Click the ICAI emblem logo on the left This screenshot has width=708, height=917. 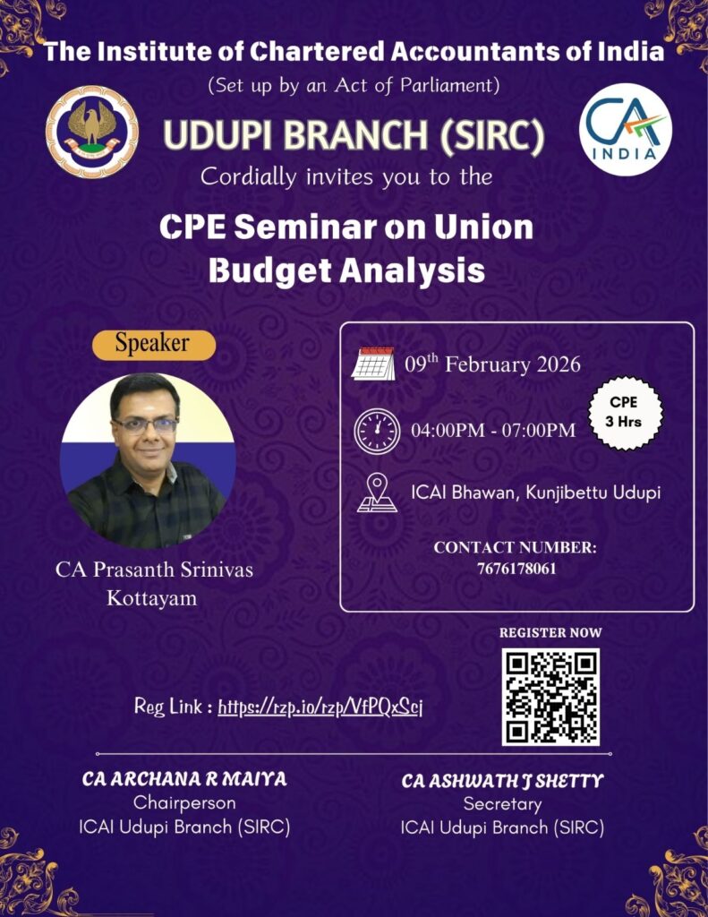coord(91,132)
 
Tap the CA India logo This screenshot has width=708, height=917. coord(625,129)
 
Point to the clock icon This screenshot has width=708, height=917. coord(376,431)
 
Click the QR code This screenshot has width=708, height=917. coord(550,697)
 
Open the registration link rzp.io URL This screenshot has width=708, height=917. coord(320,707)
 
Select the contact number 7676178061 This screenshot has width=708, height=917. coord(516,568)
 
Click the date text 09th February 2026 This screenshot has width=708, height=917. coord(492,365)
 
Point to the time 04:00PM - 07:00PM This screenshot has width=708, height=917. coord(492,432)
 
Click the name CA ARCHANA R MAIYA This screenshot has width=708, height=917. coord(184,779)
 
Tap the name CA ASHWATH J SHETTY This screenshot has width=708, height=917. coord(502,781)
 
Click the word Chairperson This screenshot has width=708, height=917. coord(184,803)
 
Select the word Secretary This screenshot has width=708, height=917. coord(502,804)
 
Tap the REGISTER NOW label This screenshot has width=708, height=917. coord(550,633)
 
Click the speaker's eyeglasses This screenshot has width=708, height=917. coord(146,425)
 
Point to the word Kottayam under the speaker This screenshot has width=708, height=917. coord(151,598)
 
